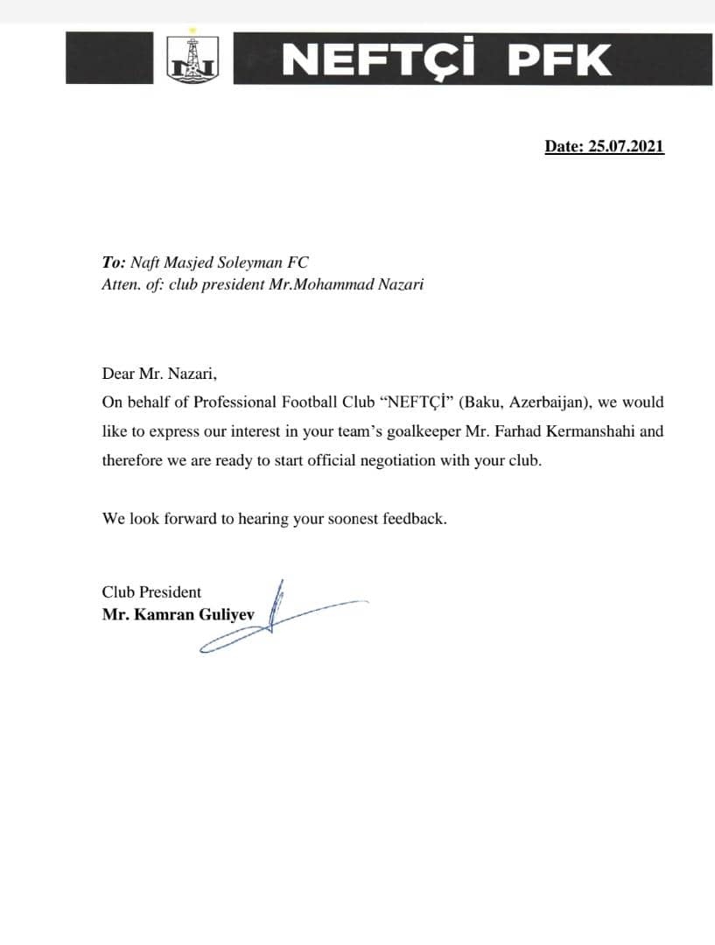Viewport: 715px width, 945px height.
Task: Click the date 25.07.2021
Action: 626,147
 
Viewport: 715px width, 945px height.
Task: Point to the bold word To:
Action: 114,262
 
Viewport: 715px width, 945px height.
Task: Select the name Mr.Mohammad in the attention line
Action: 332,284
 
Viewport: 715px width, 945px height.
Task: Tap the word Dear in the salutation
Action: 118,374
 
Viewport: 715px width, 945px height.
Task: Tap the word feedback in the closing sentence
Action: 416,518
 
